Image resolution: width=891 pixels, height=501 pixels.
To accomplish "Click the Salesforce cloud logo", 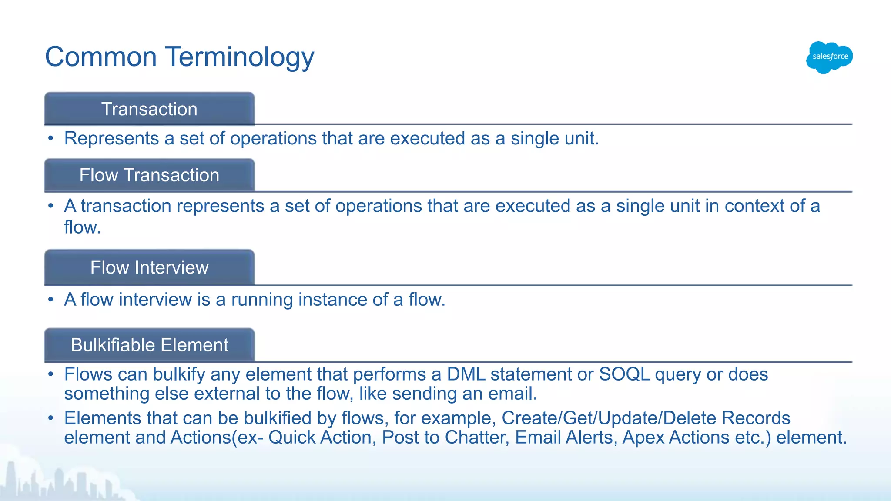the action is tap(829, 57).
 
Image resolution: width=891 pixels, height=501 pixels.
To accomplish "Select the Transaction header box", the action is tap(149, 109).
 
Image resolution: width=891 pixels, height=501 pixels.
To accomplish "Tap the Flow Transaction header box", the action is tap(149, 175).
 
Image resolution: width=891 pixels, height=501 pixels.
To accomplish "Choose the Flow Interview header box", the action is tap(149, 267).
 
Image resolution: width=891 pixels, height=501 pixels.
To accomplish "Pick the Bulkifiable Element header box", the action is tap(149, 345).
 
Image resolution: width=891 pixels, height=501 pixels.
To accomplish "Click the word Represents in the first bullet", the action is tap(111, 139).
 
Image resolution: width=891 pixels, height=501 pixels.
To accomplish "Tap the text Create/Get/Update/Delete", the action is tap(609, 418).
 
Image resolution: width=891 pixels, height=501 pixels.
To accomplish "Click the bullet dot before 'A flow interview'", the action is tap(51, 300).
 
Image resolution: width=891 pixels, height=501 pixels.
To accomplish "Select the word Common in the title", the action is tap(101, 57).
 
